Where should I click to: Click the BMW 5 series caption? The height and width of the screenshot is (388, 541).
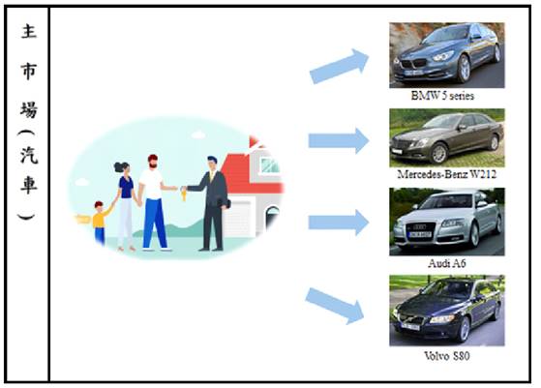pyautogui.click(x=442, y=96)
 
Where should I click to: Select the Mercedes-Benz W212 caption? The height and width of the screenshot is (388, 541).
pyautogui.click(x=447, y=174)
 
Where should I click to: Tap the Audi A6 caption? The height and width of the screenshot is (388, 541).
pyautogui.click(x=447, y=263)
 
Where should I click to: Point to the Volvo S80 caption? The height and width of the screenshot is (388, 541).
pyautogui.click(x=447, y=355)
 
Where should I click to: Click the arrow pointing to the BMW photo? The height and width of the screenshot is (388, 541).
pyautogui.click(x=340, y=66)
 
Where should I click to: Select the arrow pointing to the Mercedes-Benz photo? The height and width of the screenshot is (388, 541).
pyautogui.click(x=339, y=140)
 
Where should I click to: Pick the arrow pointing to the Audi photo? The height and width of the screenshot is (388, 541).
pyautogui.click(x=339, y=223)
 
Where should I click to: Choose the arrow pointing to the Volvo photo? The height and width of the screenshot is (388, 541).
pyautogui.click(x=335, y=306)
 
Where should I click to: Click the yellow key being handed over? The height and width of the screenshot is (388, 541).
pyautogui.click(x=184, y=195)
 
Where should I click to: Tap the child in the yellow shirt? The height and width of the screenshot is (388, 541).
pyautogui.click(x=100, y=223)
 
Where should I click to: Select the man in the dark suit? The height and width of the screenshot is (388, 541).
pyautogui.click(x=211, y=203)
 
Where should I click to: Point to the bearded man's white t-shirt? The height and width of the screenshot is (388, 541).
pyautogui.click(x=152, y=184)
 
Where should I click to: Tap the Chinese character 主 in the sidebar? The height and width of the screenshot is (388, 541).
pyautogui.click(x=28, y=31)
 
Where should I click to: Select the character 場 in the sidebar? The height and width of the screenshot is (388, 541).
pyautogui.click(x=28, y=109)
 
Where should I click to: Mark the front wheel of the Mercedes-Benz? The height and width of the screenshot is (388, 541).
pyautogui.click(x=439, y=153)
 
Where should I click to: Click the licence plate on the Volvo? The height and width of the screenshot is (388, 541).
pyautogui.click(x=410, y=325)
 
